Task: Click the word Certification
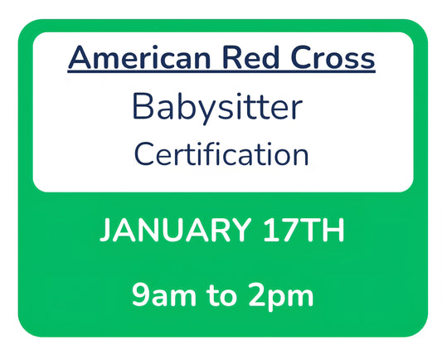pos(221,153)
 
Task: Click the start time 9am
pos(162,294)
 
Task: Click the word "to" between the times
pos(222,294)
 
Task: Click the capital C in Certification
pos(143,153)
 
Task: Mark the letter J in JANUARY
pos(105,231)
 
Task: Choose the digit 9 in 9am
pos(138,294)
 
